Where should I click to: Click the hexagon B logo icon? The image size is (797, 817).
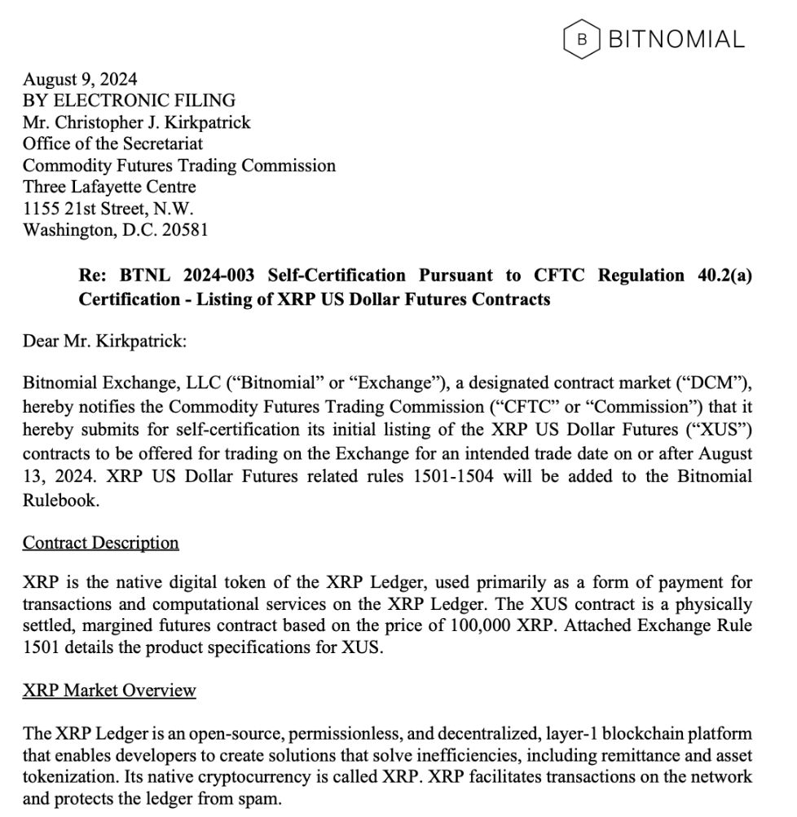(581, 39)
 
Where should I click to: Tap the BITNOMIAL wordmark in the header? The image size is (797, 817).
(676, 39)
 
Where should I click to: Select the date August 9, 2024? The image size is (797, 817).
(80, 79)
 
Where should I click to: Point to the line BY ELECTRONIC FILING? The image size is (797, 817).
(129, 100)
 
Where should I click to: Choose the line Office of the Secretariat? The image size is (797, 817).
(112, 144)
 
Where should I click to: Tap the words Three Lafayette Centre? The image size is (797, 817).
(109, 187)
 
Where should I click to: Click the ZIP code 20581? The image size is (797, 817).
(185, 230)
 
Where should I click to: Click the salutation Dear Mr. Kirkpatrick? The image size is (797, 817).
(104, 340)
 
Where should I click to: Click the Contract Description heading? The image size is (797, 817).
(100, 542)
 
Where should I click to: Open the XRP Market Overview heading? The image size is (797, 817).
(109, 691)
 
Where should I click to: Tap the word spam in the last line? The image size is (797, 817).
(262, 799)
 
